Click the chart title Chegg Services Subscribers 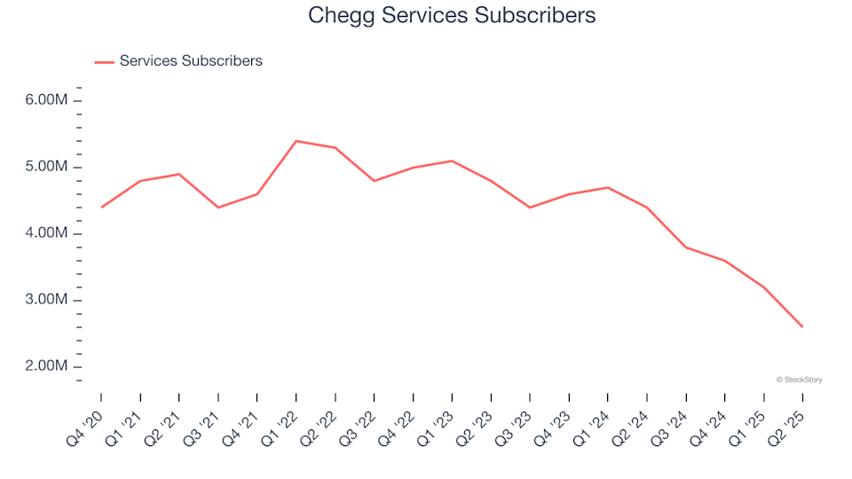coord(452,15)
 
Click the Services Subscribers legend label coord(191,61)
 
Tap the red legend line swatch coord(104,61)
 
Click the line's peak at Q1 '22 coord(296,141)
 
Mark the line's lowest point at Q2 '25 coord(802,327)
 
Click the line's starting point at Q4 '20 coord(101,208)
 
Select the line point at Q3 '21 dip coord(218,208)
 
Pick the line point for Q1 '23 coord(452,161)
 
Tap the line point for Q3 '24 coord(686,247)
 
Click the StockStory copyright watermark coord(799,380)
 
